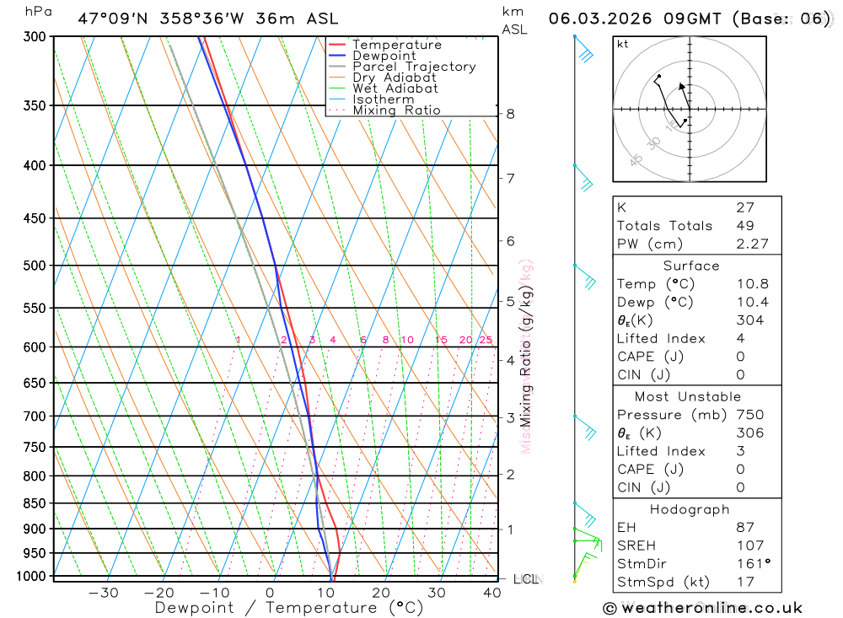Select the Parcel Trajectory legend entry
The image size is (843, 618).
(414, 67)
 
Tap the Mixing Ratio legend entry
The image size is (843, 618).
(396, 110)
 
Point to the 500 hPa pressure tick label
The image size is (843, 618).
(35, 266)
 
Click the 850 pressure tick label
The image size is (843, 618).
(35, 503)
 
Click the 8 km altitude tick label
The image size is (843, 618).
(510, 114)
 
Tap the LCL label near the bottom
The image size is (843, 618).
(527, 579)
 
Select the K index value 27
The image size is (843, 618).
(744, 207)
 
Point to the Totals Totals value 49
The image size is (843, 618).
(744, 226)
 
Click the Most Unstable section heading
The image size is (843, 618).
(689, 396)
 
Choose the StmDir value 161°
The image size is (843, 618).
(750, 564)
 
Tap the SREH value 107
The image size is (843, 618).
(749, 545)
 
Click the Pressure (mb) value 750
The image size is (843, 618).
(749, 415)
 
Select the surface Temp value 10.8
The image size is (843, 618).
(751, 284)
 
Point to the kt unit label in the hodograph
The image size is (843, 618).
(623, 44)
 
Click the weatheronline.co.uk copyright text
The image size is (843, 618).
(702, 608)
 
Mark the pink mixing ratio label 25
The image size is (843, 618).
(486, 340)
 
